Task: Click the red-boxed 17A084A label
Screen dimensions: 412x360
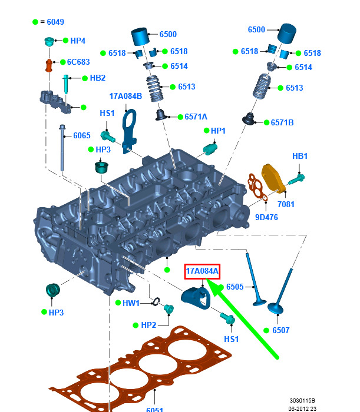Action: click(202, 271)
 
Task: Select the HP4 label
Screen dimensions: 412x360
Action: click(78, 41)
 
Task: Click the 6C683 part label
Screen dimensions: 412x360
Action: click(78, 62)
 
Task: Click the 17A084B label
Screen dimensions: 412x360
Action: click(125, 96)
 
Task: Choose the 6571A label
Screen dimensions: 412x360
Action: click(196, 117)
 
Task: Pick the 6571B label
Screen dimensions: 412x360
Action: click(282, 122)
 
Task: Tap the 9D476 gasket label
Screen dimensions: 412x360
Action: click(266, 217)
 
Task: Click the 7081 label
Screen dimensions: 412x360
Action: click(286, 204)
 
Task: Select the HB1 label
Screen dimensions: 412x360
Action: click(300, 156)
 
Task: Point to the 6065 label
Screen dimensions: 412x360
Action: click(82, 135)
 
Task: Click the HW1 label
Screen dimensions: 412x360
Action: click(131, 303)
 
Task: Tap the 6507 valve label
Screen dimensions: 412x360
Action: click(281, 330)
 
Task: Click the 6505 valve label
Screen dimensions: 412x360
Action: click(235, 287)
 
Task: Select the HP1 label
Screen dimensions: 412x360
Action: click(219, 130)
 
